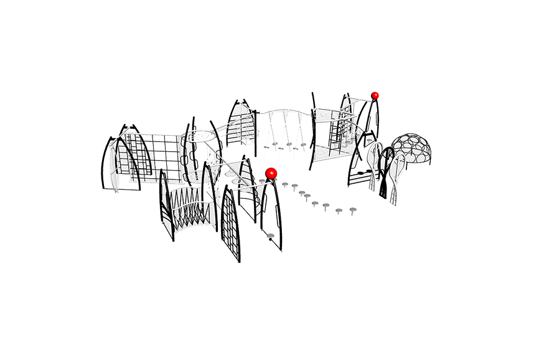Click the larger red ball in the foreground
click(x=270, y=173)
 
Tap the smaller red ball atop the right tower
click(x=375, y=95)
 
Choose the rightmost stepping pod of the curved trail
click(x=353, y=209)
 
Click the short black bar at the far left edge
click(x=97, y=173)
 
